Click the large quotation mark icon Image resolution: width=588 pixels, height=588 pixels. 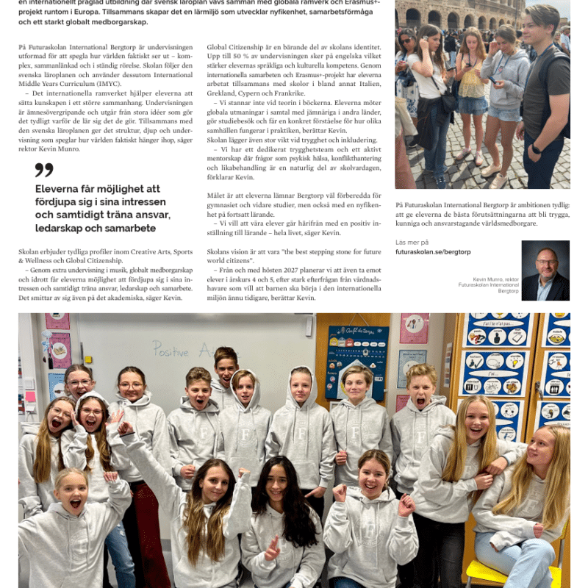44,170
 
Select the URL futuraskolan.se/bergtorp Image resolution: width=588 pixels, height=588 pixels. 433,251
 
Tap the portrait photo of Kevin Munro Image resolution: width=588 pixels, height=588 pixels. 545,270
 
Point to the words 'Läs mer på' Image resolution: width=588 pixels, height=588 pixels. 412,242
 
